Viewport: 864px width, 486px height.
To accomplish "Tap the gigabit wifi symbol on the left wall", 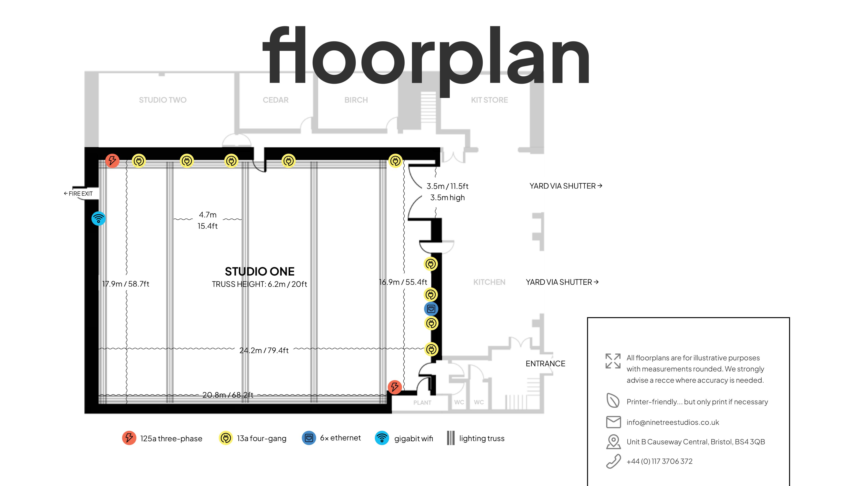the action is coord(99,219).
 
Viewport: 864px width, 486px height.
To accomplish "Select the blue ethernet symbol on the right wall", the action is coord(431,309).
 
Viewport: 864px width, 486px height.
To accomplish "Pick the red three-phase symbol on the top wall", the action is coord(112,161).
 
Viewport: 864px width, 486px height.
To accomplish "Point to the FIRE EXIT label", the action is coord(78,194).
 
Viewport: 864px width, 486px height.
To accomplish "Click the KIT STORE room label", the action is coord(489,100).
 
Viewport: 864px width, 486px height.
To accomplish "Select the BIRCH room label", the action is coord(356,100).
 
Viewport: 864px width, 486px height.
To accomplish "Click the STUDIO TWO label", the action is coord(163,100).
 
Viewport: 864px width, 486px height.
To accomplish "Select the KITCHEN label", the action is coord(489,282).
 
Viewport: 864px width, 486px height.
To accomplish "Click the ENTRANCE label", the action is coord(545,364).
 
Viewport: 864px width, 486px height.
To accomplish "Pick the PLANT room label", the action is coord(422,402).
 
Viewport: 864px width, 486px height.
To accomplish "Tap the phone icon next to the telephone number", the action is coord(613,461).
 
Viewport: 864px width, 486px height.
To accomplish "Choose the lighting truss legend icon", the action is coord(451,438).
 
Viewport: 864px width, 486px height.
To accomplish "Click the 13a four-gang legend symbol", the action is coord(226,438).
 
